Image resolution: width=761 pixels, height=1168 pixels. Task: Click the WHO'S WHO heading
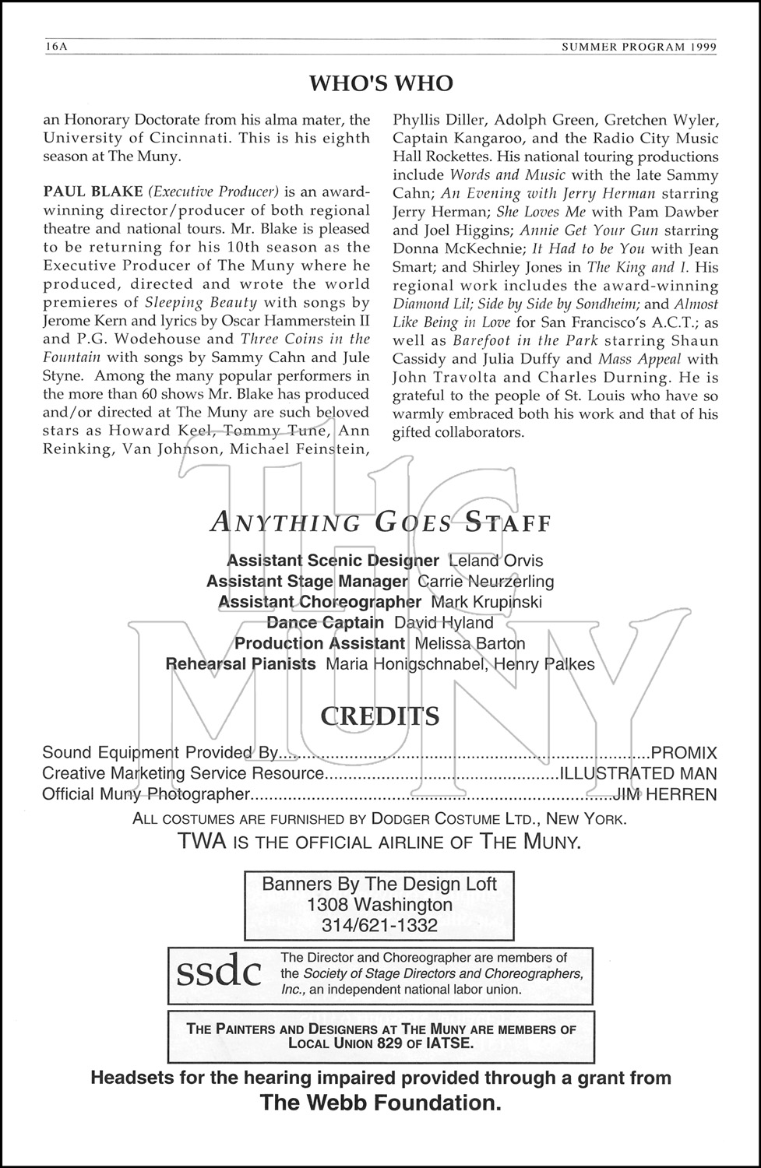[381, 83]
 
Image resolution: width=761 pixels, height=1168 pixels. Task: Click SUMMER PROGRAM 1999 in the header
[639, 46]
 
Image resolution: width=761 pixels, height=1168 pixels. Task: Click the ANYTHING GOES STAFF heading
[380, 522]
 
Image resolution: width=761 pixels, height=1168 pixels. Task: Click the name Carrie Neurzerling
[486, 581]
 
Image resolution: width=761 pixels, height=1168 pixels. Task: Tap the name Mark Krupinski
[486, 602]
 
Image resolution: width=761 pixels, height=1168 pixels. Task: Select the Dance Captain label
[325, 623]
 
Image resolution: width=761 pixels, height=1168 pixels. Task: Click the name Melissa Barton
[470, 643]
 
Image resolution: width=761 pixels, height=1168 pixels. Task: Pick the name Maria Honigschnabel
[387, 664]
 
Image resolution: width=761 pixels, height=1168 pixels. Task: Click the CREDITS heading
[380, 716]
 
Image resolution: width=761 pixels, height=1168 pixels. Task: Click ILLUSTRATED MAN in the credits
[637, 774]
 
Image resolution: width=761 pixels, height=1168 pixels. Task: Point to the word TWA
[199, 841]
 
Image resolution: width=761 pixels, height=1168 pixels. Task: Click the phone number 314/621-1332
[379, 925]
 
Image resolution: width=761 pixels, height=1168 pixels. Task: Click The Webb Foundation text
[380, 1103]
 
